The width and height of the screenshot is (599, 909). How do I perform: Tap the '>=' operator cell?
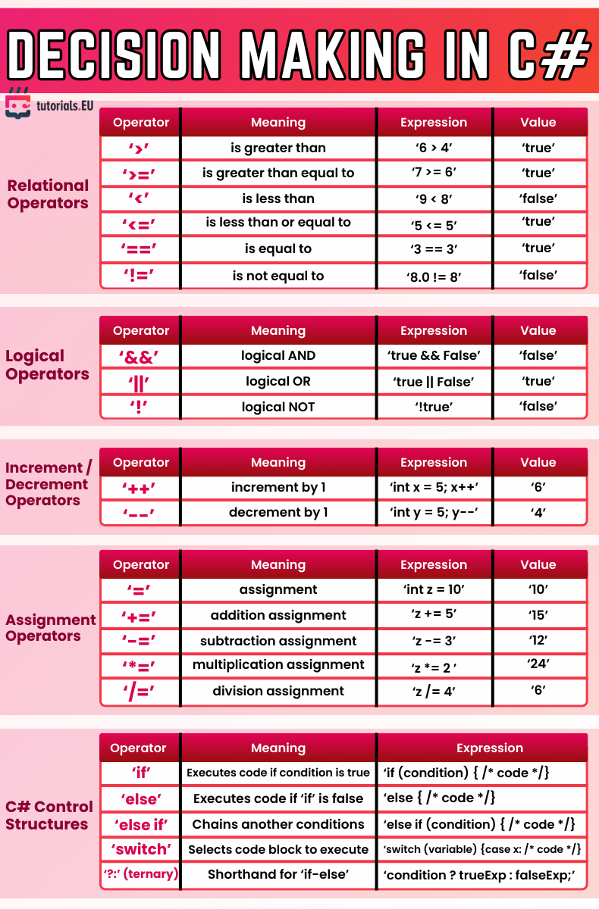click(140, 173)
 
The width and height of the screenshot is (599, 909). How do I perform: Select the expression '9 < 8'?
click(434, 199)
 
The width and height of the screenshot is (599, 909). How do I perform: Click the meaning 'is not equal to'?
click(278, 276)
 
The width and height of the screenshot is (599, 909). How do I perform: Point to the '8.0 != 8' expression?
click(434, 276)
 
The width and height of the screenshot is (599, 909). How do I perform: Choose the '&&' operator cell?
click(140, 356)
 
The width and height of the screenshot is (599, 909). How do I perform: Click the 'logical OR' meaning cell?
click(278, 381)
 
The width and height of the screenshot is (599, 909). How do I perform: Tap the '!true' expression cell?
click(434, 407)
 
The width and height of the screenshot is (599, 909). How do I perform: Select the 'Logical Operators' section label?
click(47, 364)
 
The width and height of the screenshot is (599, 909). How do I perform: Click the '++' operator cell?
click(140, 488)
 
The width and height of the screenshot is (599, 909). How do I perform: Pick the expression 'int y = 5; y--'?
click(434, 513)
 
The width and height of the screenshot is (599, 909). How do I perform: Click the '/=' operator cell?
click(140, 691)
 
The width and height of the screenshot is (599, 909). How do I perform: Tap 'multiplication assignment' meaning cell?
click(278, 665)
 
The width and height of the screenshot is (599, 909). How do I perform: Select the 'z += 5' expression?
click(434, 615)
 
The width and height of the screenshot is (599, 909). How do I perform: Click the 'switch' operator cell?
click(140, 849)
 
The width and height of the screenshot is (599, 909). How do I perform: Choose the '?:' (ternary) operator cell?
click(140, 874)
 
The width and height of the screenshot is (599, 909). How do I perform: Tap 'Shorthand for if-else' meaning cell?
click(278, 875)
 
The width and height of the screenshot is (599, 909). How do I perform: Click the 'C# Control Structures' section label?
click(49, 815)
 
